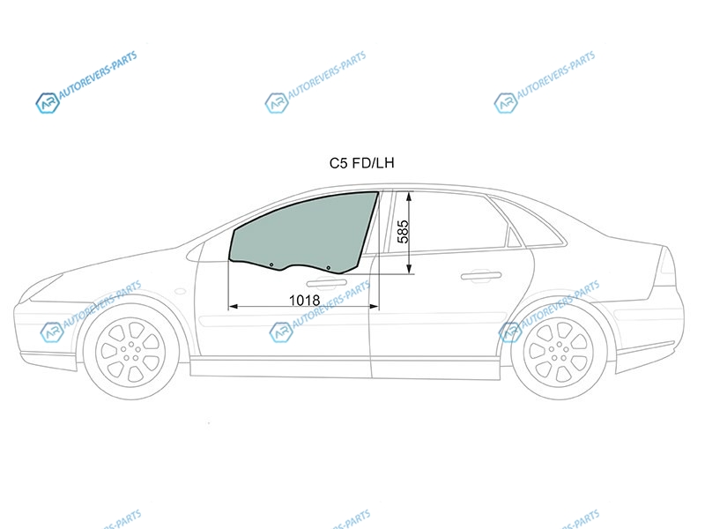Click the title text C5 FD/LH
[x=361, y=163]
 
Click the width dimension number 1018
[x=304, y=300]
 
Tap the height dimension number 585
[x=404, y=231]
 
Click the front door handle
[x=326, y=283]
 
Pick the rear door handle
[x=481, y=275]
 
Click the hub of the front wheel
[x=130, y=351]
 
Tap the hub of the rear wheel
[x=559, y=351]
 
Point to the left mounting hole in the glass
[x=271, y=265]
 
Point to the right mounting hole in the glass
[x=328, y=268]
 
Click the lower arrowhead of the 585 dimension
[x=409, y=269]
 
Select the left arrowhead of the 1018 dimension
[x=234, y=307]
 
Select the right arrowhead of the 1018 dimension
[x=374, y=307]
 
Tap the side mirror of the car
[x=195, y=252]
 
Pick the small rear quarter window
[x=514, y=237]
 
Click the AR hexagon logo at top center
[x=276, y=103]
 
